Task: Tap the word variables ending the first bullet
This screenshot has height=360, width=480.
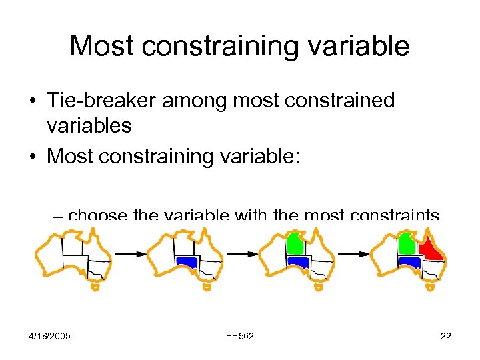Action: [x=89, y=125]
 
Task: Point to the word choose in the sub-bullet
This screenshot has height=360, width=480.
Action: [x=99, y=215]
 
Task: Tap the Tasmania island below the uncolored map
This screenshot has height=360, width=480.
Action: [x=95, y=287]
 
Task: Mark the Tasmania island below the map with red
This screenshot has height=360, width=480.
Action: [x=430, y=287]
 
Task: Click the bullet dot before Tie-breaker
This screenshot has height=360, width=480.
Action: [x=32, y=101]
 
